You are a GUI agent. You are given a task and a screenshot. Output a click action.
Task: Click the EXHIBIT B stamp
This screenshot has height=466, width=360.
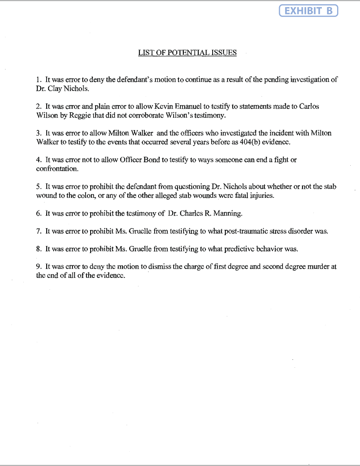tap(308, 11)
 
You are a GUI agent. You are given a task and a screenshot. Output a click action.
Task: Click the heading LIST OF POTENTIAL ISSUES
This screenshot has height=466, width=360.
tap(187, 53)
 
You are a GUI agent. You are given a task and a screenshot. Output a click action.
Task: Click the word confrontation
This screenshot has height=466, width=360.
tap(57, 169)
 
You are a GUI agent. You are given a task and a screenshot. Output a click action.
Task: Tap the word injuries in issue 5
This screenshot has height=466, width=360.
tap(261, 196)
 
